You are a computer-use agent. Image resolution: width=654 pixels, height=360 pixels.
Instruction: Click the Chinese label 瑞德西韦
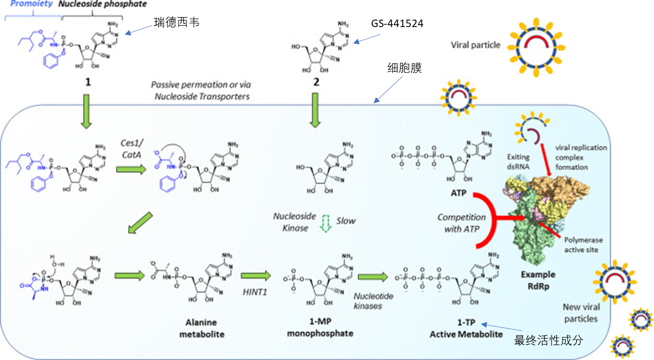(x=176, y=22)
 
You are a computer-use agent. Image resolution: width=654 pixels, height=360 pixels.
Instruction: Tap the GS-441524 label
(x=398, y=24)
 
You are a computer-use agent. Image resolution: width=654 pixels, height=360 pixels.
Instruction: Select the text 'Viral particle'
(x=475, y=45)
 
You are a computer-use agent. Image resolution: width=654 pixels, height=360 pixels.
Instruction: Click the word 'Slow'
(x=345, y=221)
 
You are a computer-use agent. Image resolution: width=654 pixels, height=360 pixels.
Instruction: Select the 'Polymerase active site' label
(x=584, y=245)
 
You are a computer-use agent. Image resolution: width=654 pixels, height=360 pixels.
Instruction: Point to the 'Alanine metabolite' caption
(x=202, y=328)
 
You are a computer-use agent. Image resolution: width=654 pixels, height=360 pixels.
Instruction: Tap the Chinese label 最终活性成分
(x=548, y=341)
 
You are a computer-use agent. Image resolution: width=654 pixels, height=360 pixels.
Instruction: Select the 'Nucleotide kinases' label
(x=368, y=301)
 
